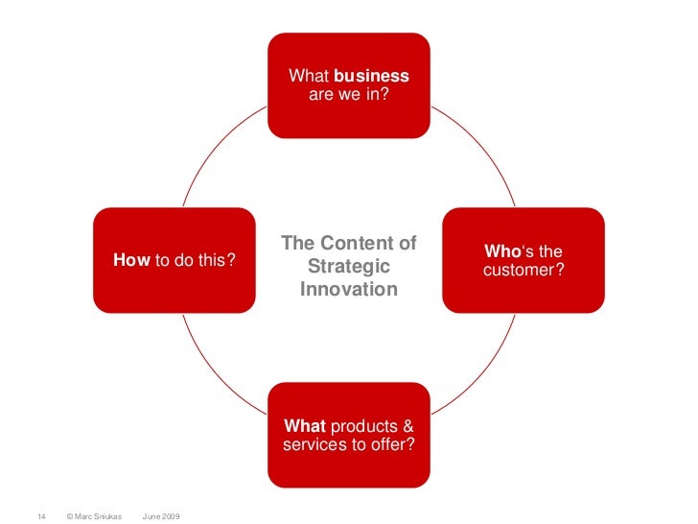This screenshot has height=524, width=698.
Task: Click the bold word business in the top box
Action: [x=372, y=76]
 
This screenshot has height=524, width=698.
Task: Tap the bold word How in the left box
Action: [x=131, y=259]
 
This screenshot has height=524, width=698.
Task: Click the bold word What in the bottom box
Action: [x=304, y=425]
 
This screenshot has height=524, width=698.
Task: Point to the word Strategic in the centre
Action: [x=349, y=267]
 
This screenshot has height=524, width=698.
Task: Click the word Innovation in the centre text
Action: [x=349, y=288]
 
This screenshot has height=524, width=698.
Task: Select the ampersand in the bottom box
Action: [x=408, y=425]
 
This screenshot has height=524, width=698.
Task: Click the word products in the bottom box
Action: [x=364, y=425]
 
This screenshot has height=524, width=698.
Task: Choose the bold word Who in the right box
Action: [x=501, y=251]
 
